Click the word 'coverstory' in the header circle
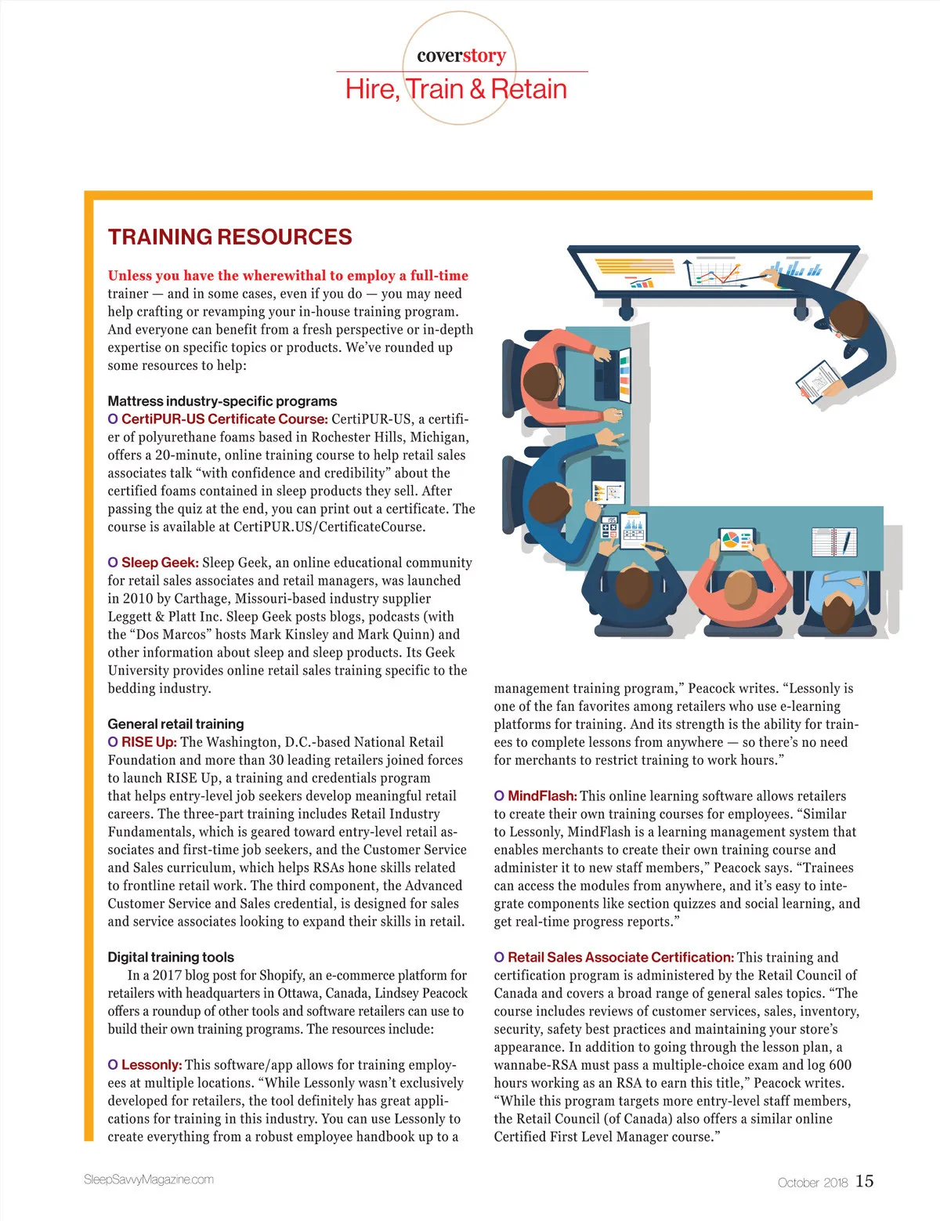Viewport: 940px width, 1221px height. pyautogui.click(x=461, y=56)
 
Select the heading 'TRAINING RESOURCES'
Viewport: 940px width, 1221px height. pyautogui.click(x=230, y=237)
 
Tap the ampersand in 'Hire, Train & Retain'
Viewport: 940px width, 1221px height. pyautogui.click(x=477, y=89)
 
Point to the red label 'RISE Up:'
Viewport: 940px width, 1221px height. pyautogui.click(x=149, y=742)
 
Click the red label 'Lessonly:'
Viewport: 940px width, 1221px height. pyautogui.click(x=151, y=1065)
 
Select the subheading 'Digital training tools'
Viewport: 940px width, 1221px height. pyautogui.click(x=171, y=957)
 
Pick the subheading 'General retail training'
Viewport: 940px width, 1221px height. pyautogui.click(x=175, y=724)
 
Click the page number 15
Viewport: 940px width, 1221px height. pyautogui.click(x=864, y=1181)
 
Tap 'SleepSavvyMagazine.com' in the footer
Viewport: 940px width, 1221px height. pyautogui.click(x=148, y=1179)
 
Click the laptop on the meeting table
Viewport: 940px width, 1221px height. pyautogui.click(x=612, y=374)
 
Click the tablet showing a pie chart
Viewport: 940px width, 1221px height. pyautogui.click(x=736, y=540)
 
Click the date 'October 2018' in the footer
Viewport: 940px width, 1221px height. pyautogui.click(x=812, y=1183)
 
